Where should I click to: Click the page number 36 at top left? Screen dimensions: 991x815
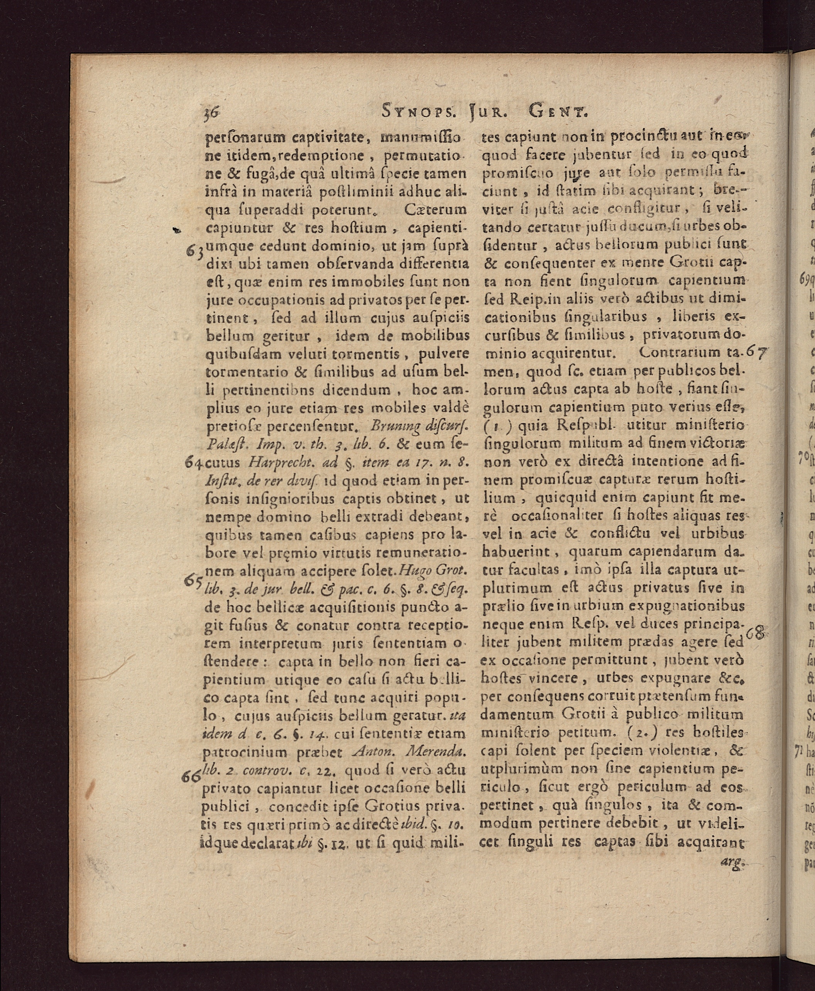tap(212, 113)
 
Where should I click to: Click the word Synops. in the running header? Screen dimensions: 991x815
tap(418, 113)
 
